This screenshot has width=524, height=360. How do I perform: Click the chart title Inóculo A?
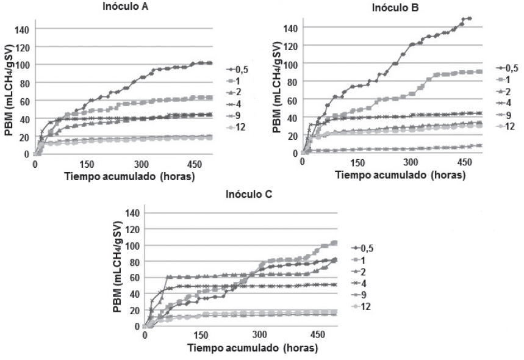(x=124, y=7)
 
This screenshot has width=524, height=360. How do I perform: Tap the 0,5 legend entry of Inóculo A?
(x=242, y=69)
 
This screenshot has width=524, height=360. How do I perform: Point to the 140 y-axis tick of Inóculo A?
(x=23, y=29)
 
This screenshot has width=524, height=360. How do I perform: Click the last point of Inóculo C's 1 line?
(x=335, y=243)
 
